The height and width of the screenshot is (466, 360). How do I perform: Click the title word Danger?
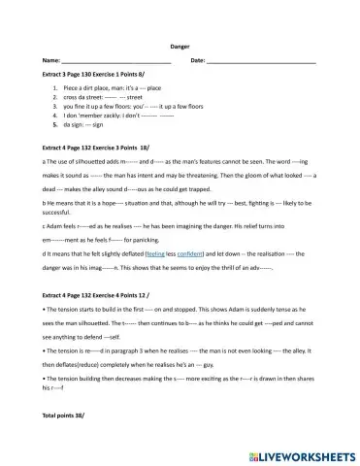[x=180, y=46]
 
